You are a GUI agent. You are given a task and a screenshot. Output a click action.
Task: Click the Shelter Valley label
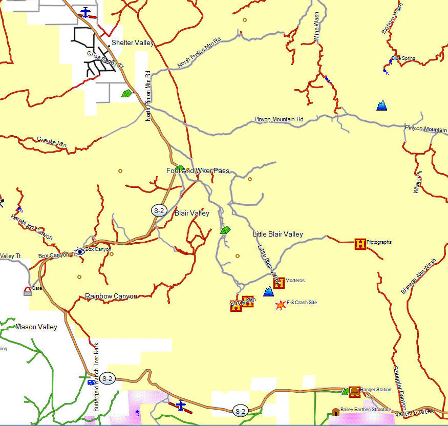[x=133, y=43]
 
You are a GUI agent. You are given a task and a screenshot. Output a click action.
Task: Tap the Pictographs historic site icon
[x=361, y=244]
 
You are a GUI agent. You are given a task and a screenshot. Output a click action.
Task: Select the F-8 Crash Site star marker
[x=280, y=306]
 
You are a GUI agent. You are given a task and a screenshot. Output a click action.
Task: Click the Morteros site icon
[x=279, y=283]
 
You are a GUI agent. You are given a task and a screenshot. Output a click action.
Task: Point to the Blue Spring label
[x=403, y=58]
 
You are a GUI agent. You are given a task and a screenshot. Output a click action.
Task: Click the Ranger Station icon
[x=354, y=391]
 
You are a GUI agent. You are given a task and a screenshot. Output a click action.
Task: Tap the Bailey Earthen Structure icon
[x=335, y=412]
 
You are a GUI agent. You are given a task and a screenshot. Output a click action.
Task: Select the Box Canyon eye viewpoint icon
[x=80, y=251]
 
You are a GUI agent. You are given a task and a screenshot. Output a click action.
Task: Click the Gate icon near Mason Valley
[x=27, y=291]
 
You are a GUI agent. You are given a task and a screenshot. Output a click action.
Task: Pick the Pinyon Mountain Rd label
[x=279, y=119]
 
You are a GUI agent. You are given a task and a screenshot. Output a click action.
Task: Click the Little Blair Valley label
[x=278, y=234]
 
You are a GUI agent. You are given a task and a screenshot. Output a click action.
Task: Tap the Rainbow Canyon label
[x=111, y=296]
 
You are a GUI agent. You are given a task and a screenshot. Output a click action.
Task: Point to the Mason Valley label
[x=36, y=327]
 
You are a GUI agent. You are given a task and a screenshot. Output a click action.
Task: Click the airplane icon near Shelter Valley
[x=86, y=12]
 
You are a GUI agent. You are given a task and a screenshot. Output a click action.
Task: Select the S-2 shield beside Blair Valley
[x=159, y=210]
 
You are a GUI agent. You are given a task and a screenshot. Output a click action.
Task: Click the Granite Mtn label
[x=51, y=142]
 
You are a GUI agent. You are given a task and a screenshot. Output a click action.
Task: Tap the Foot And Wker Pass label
[x=198, y=171]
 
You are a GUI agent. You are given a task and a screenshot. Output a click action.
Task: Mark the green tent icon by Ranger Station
[x=346, y=392]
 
